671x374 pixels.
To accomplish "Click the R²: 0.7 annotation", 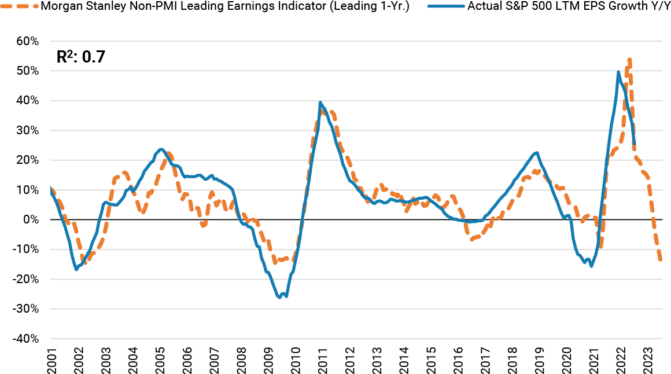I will [80, 57].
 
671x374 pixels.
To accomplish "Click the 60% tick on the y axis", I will [27, 41].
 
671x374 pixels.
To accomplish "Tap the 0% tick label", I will [31, 219].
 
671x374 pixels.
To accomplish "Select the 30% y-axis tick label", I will [27, 130].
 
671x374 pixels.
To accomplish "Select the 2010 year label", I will [296, 360].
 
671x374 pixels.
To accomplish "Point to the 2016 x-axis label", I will [458, 360].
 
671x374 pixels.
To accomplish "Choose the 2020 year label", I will [567, 360].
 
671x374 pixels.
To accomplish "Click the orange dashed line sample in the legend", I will [21, 8].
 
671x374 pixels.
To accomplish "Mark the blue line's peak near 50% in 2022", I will [618, 72].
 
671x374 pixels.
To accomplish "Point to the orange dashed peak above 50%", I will [629, 59].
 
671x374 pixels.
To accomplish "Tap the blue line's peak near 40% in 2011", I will [320, 102].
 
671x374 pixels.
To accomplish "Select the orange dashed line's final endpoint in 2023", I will [661, 260].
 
